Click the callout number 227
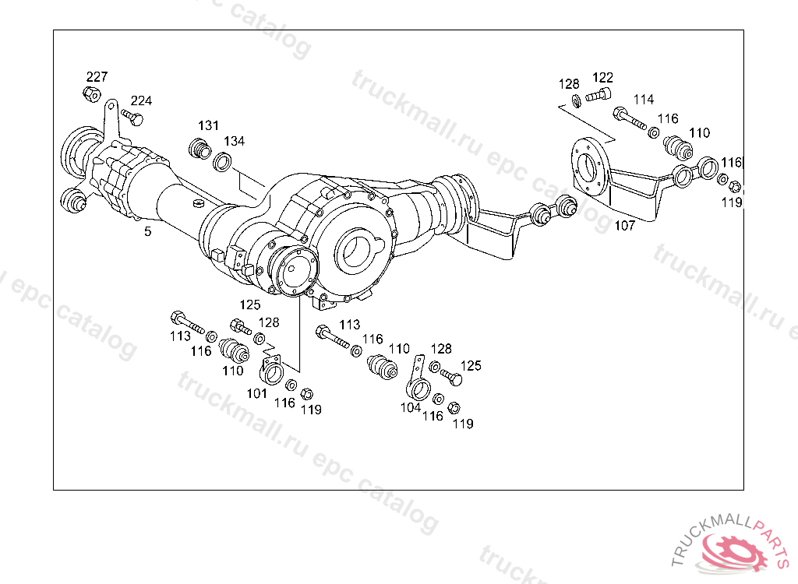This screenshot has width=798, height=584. click(x=97, y=76)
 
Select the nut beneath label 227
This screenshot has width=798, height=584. click(x=90, y=94)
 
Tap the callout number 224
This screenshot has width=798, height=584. click(x=141, y=100)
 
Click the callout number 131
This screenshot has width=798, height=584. click(x=208, y=125)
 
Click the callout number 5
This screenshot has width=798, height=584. click(x=147, y=231)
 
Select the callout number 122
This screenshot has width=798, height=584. click(x=602, y=78)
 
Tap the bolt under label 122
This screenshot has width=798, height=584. click(x=598, y=96)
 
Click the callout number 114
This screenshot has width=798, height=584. click(x=643, y=100)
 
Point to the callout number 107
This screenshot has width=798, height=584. click(x=625, y=227)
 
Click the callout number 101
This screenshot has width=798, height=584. click(x=257, y=393)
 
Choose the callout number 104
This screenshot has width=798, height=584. click(x=411, y=407)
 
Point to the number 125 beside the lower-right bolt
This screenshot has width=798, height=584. click(x=471, y=364)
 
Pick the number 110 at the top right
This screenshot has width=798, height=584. click(x=699, y=133)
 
